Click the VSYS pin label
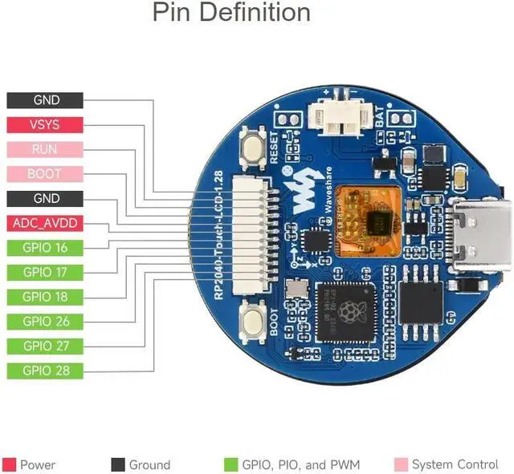click(x=45, y=125)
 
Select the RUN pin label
click(x=45, y=149)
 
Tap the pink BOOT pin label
click(x=45, y=174)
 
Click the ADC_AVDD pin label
click(x=45, y=223)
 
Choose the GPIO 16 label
click(x=45, y=248)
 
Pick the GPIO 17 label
click(x=45, y=272)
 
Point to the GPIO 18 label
click(x=45, y=297)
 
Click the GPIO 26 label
click(x=45, y=322)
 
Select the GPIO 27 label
click(x=45, y=346)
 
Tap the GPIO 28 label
click(x=45, y=371)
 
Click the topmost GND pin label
click(x=45, y=100)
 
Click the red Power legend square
click(x=10, y=464)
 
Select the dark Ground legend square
click(x=117, y=464)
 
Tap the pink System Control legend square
click(x=401, y=464)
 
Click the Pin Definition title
click(x=231, y=14)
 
